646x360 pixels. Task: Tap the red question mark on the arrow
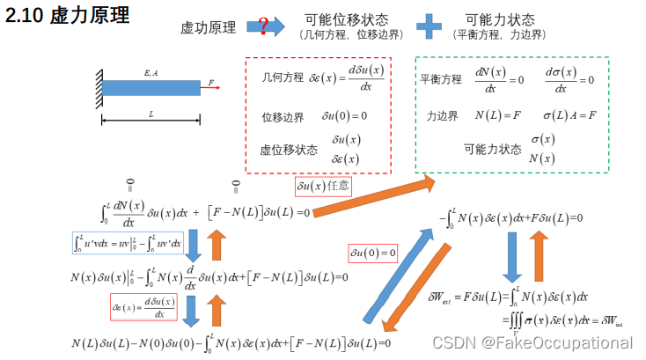tap(263, 26)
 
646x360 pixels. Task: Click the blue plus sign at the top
tap(429, 26)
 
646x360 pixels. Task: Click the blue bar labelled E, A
tap(150, 86)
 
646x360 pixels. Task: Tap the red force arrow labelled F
tap(211, 88)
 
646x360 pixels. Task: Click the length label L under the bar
tap(150, 114)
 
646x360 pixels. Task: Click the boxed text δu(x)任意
tap(322, 187)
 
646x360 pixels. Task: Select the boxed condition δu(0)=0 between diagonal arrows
tap(373, 253)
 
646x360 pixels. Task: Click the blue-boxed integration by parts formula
tap(127, 242)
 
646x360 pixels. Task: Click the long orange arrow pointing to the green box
tap(373, 198)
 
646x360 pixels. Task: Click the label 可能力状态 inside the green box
tap(492, 149)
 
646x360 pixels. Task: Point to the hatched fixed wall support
tap(96, 87)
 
